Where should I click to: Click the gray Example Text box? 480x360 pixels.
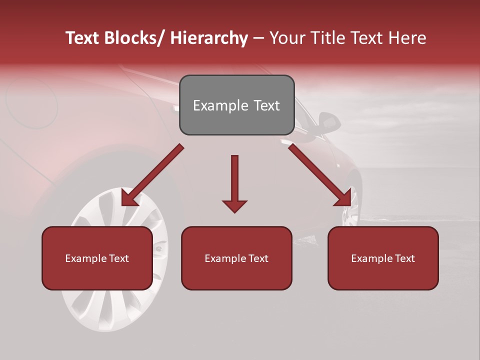(236, 105)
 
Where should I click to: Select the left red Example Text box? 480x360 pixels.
(97, 258)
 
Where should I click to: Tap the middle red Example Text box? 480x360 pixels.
(236, 258)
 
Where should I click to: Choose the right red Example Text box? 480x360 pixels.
(383, 258)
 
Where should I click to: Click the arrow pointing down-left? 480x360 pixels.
(152, 175)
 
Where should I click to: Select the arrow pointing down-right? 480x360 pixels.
(320, 175)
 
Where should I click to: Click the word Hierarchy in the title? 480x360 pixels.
(208, 38)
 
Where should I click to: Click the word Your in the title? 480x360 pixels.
(286, 38)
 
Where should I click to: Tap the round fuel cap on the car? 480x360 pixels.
(31, 102)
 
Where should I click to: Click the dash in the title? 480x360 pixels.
(258, 38)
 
